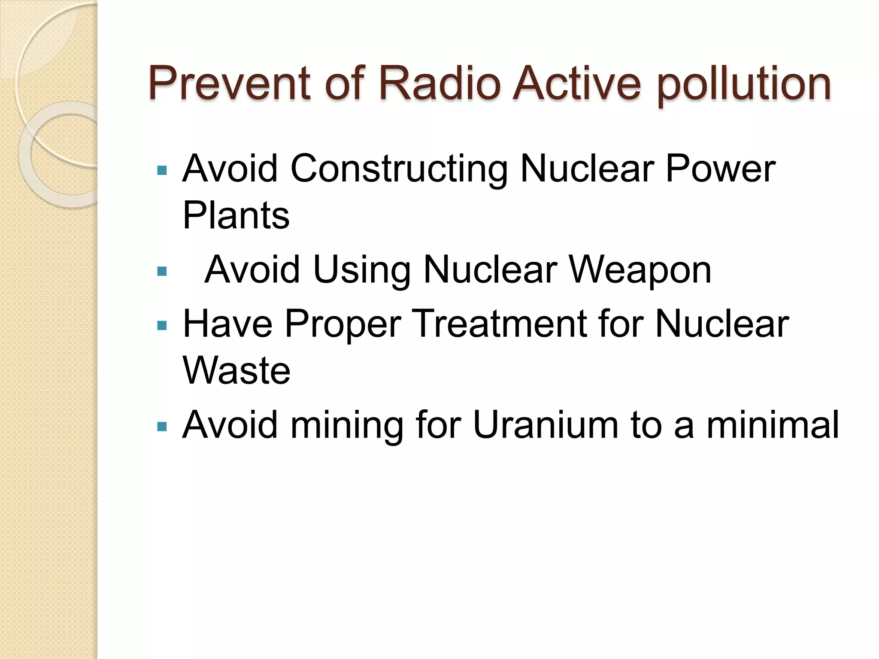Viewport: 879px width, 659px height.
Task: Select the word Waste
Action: (x=236, y=370)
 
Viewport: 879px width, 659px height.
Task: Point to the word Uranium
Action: (x=545, y=425)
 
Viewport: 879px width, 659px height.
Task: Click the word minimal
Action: (x=772, y=425)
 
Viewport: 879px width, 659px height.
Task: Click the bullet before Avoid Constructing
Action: (x=162, y=170)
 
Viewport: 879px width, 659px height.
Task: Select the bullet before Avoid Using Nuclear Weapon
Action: (x=162, y=271)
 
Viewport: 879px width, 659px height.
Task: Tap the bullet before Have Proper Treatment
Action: (x=162, y=325)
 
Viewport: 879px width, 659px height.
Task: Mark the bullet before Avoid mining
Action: (x=162, y=426)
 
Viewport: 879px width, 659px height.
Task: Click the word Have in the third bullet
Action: (x=227, y=323)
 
